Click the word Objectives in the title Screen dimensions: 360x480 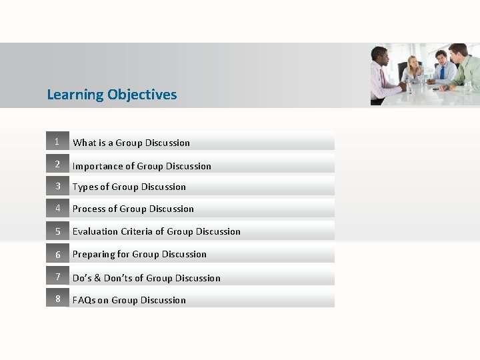pos(142,95)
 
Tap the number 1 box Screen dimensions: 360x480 pos(57,141)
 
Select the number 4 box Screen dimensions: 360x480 pos(57,208)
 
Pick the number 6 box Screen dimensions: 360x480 pos(57,254)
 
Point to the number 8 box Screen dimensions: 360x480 pos(57,299)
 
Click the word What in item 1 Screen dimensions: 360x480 pos(84,143)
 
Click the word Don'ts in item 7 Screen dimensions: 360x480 pos(119,278)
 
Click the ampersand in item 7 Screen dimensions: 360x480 pos(97,278)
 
